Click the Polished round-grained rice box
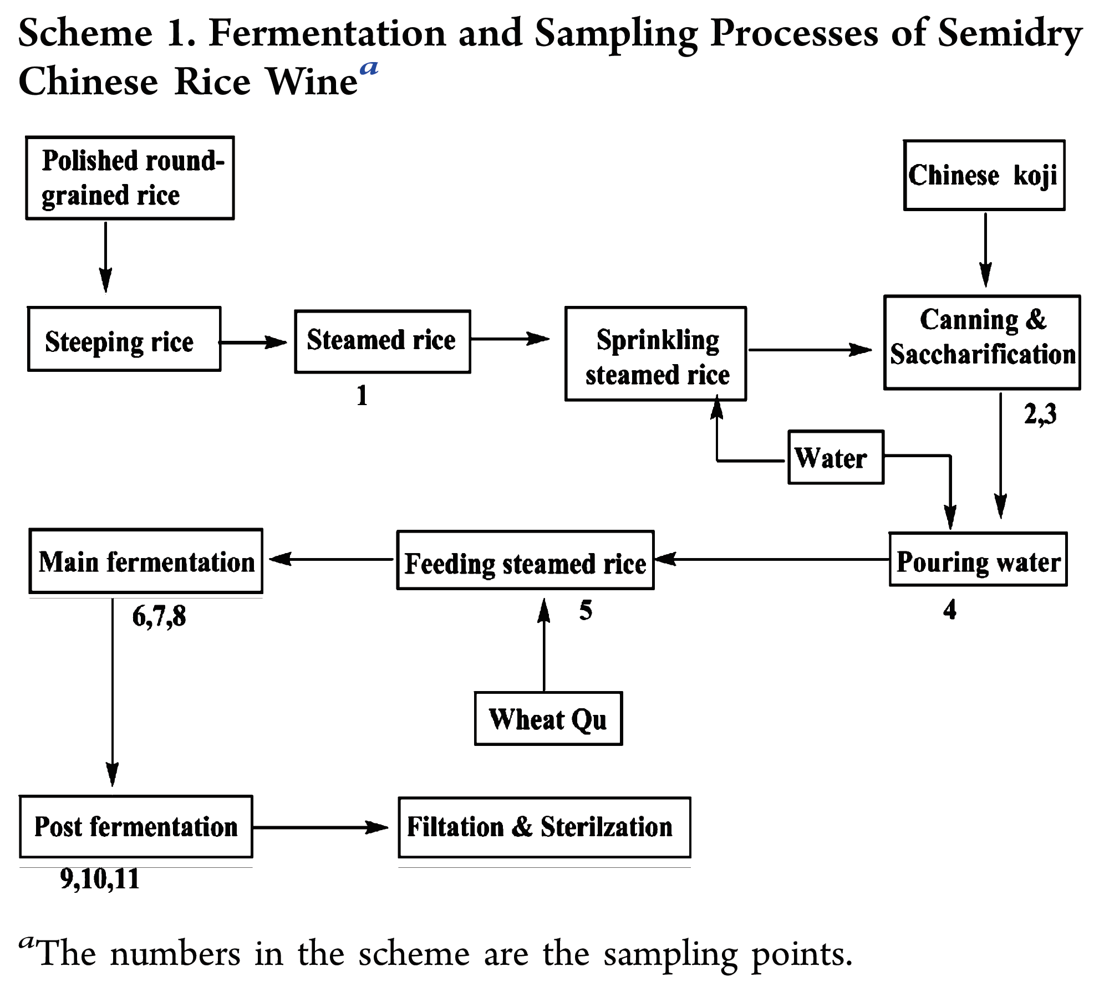click(130, 178)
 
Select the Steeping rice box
click(124, 339)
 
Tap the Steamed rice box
click(383, 341)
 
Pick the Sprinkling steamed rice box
click(655, 354)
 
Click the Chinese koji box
click(984, 175)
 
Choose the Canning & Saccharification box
click(981, 342)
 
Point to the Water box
click(836, 457)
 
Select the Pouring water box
click(978, 559)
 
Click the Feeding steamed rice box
click(525, 560)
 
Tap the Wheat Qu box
click(548, 718)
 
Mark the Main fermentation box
click(146, 561)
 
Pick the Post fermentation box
click(136, 827)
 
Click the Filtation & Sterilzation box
click(544, 827)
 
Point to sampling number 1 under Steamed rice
click(362, 396)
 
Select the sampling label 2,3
click(1040, 414)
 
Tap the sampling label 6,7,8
click(159, 616)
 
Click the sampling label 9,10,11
click(100, 879)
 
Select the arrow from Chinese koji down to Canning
click(985, 249)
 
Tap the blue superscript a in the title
click(369, 69)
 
